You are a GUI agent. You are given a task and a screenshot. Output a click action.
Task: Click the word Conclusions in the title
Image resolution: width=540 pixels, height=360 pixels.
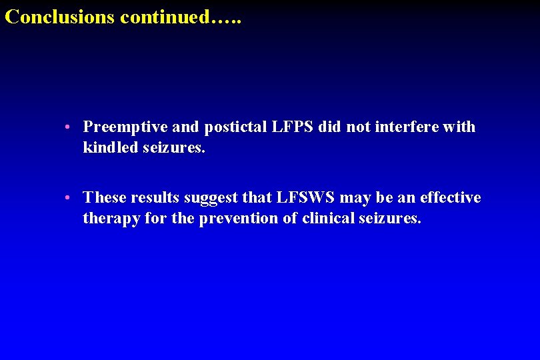(60, 17)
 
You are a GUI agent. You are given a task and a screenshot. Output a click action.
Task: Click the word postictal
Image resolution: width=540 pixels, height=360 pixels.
(234, 127)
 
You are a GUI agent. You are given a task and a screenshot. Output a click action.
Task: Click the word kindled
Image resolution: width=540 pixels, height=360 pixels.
(110, 147)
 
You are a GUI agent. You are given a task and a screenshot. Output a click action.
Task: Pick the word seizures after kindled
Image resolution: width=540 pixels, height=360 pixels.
(174, 147)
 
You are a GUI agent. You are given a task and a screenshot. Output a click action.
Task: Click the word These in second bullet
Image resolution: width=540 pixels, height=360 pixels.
(105, 198)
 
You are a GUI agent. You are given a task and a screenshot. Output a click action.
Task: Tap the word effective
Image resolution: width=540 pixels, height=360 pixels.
(451, 198)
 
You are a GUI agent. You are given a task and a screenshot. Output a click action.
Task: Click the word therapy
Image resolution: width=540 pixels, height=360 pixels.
(109, 219)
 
